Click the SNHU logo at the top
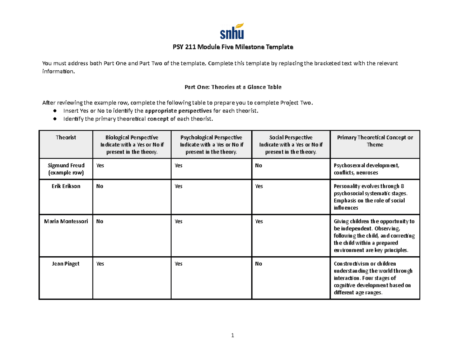tap(232, 31)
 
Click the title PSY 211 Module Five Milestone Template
tap(233, 47)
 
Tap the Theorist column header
tap(66, 137)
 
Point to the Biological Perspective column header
tap(132, 144)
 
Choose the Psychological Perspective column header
tap(211, 144)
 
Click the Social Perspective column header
tap(291, 144)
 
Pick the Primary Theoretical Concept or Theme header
tap(375, 141)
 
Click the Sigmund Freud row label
tap(66, 169)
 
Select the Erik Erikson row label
tap(66, 186)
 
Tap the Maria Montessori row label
tap(66, 221)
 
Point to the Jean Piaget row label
tap(66, 264)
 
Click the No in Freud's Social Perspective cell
tap(259, 165)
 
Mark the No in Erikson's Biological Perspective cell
tap(100, 186)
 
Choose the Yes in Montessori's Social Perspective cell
tap(259, 221)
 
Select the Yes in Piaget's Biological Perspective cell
tap(100, 264)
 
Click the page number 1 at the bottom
tap(232, 336)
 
